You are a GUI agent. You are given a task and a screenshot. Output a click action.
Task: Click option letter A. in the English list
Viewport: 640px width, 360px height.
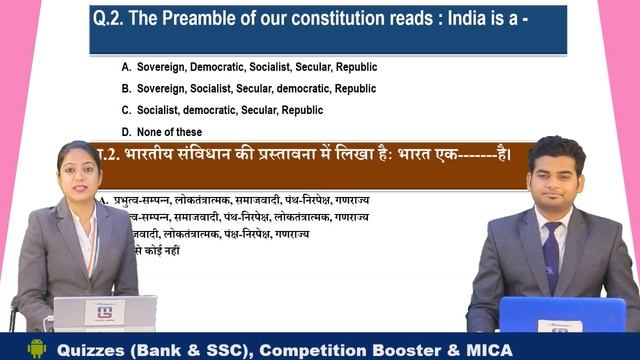127,66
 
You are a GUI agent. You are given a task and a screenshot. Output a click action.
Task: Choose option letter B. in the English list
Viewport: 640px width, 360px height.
127,88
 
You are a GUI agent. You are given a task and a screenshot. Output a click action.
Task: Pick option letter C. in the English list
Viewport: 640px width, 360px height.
127,110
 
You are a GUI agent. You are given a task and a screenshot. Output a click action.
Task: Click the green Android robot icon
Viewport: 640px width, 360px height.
37,348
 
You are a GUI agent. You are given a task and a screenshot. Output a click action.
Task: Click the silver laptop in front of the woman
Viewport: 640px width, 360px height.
104,314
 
